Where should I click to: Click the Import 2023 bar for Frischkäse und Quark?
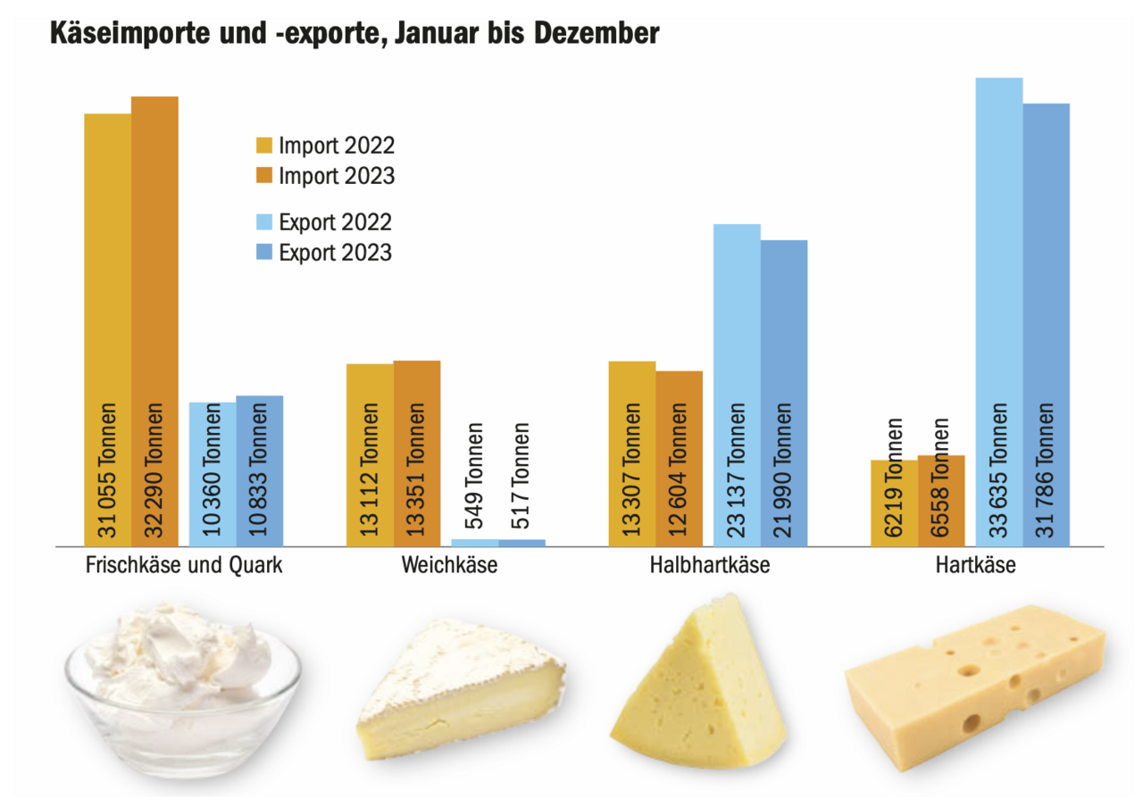(x=154, y=268)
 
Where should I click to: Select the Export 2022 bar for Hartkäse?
(x=998, y=268)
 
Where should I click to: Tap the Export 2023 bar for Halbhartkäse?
(x=784, y=357)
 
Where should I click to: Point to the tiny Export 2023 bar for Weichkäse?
(x=522, y=542)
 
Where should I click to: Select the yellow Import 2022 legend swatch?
(x=264, y=146)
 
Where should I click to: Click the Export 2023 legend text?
(x=335, y=253)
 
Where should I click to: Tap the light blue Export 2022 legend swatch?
(x=264, y=222)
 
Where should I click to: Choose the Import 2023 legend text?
(x=336, y=176)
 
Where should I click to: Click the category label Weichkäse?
(x=449, y=565)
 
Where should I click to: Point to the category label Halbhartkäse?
(x=711, y=565)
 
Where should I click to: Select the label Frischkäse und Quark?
(x=184, y=565)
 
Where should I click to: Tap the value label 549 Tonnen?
(x=475, y=478)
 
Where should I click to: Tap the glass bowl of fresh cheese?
(x=183, y=687)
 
